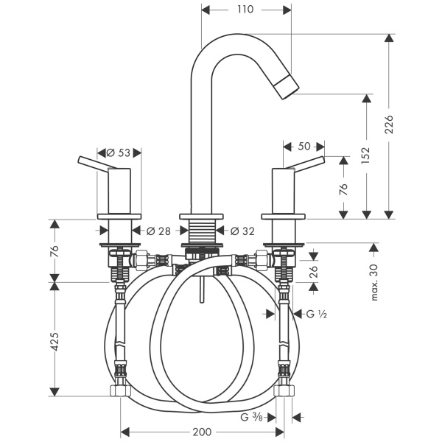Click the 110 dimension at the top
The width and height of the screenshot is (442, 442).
click(246, 10)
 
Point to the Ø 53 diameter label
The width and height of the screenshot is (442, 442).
click(118, 153)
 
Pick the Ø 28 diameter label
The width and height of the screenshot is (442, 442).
click(158, 231)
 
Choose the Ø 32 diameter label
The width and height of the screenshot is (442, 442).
click(242, 231)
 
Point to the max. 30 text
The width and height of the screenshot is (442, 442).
click(375, 282)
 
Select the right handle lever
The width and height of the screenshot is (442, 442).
click(304, 164)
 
